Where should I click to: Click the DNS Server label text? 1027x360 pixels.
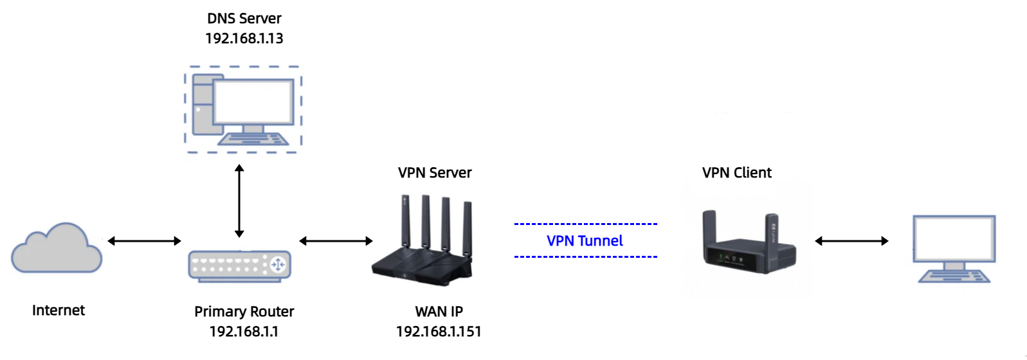(x=244, y=19)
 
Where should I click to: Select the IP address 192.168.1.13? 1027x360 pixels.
(x=244, y=39)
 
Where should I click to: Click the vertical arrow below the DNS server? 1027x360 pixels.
(x=239, y=201)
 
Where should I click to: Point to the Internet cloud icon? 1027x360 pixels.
(x=57, y=249)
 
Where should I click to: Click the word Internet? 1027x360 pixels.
(x=59, y=310)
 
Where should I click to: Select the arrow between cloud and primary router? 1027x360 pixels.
(x=144, y=241)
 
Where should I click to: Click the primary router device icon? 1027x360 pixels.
(x=239, y=265)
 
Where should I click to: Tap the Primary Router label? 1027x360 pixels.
(x=244, y=312)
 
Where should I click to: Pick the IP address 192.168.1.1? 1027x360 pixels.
(x=244, y=332)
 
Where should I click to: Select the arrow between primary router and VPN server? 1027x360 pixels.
(x=336, y=241)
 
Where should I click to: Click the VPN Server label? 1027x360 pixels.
(x=435, y=173)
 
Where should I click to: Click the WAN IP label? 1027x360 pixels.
(x=439, y=312)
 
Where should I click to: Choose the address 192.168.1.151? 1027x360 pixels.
(x=439, y=332)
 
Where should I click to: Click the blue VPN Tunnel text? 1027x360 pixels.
(x=585, y=241)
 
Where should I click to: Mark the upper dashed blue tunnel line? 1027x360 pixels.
(x=585, y=224)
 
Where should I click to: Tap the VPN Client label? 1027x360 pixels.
(x=736, y=173)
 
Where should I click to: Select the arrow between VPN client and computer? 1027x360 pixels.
(x=851, y=241)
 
